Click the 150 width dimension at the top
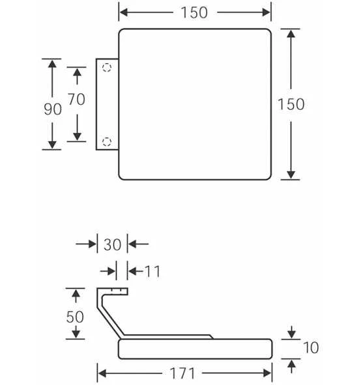[194, 12]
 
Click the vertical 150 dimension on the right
[291, 104]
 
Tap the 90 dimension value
[53, 109]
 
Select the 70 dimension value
[76, 100]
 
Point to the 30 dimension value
[113, 245]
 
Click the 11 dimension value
[152, 271]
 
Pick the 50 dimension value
[75, 317]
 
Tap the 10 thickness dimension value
[311, 347]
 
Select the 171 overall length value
[182, 373]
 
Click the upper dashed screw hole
[107, 67]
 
